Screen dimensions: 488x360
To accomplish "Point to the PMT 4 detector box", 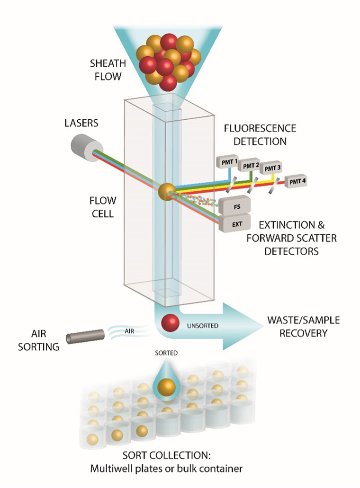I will [295, 181].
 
